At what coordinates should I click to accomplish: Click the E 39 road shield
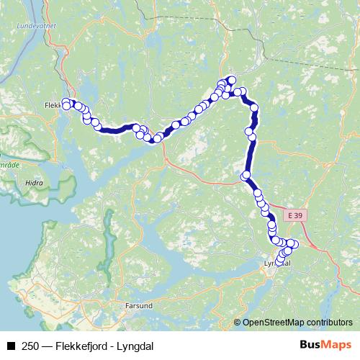pyautogui.click(x=293, y=215)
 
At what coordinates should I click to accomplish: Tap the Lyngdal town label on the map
pyautogui.click(x=277, y=264)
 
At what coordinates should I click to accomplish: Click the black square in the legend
pyautogui.click(x=11, y=346)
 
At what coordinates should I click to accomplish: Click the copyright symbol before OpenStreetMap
pyautogui.click(x=238, y=323)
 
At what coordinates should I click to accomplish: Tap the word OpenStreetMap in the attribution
pyautogui.click(x=270, y=323)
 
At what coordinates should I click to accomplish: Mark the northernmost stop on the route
pyautogui.click(x=232, y=80)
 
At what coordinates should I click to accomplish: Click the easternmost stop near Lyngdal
pyautogui.click(x=294, y=244)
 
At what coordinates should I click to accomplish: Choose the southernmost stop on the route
pyautogui.click(x=279, y=261)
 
